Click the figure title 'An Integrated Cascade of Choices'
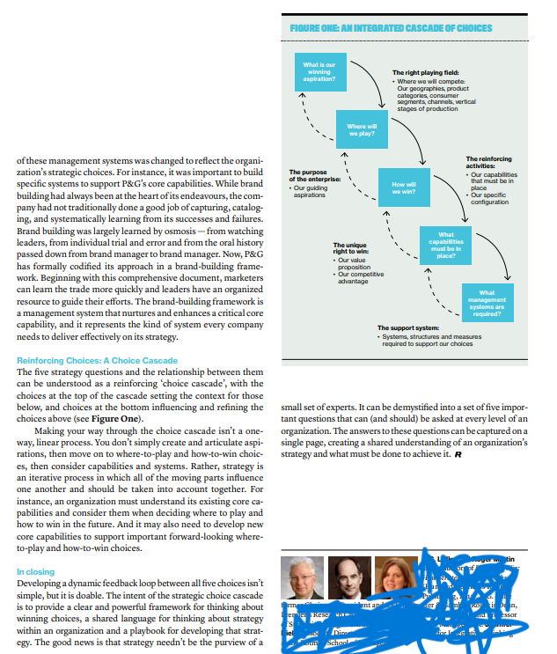click(x=391, y=28)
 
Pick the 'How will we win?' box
click(x=401, y=187)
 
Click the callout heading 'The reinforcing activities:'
click(x=491, y=162)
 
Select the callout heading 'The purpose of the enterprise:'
click(x=308, y=175)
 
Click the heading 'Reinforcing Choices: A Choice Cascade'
click(x=97, y=361)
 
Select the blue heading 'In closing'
click(x=35, y=572)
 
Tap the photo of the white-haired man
click(x=302, y=578)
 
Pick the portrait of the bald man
click(x=349, y=578)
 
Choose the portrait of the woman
click(x=397, y=578)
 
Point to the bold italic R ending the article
click(x=458, y=454)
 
